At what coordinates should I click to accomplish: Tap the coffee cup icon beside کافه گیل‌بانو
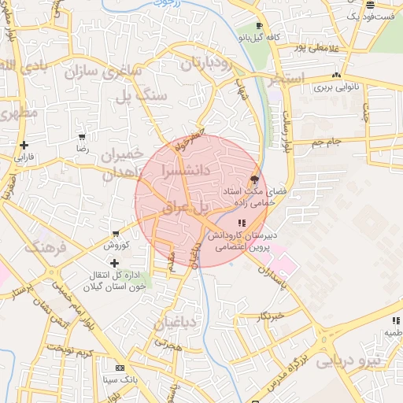[259, 26]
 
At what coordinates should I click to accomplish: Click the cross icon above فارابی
[25, 145]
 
